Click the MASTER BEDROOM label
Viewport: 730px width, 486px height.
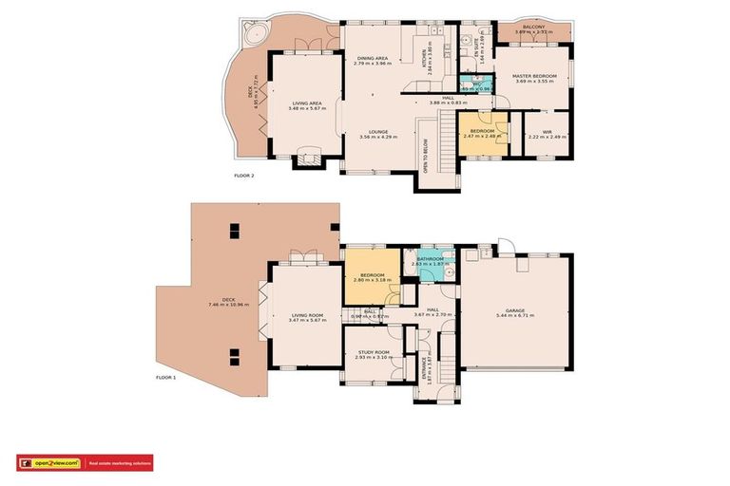533,76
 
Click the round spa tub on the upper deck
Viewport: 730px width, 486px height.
254,35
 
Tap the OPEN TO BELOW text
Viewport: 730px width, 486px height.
425,158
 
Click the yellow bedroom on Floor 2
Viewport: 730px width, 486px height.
481,133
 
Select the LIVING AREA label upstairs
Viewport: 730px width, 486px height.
307,103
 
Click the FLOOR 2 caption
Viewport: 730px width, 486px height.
244,176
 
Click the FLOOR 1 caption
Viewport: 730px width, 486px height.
166,377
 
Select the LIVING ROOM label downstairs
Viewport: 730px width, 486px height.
306,315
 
